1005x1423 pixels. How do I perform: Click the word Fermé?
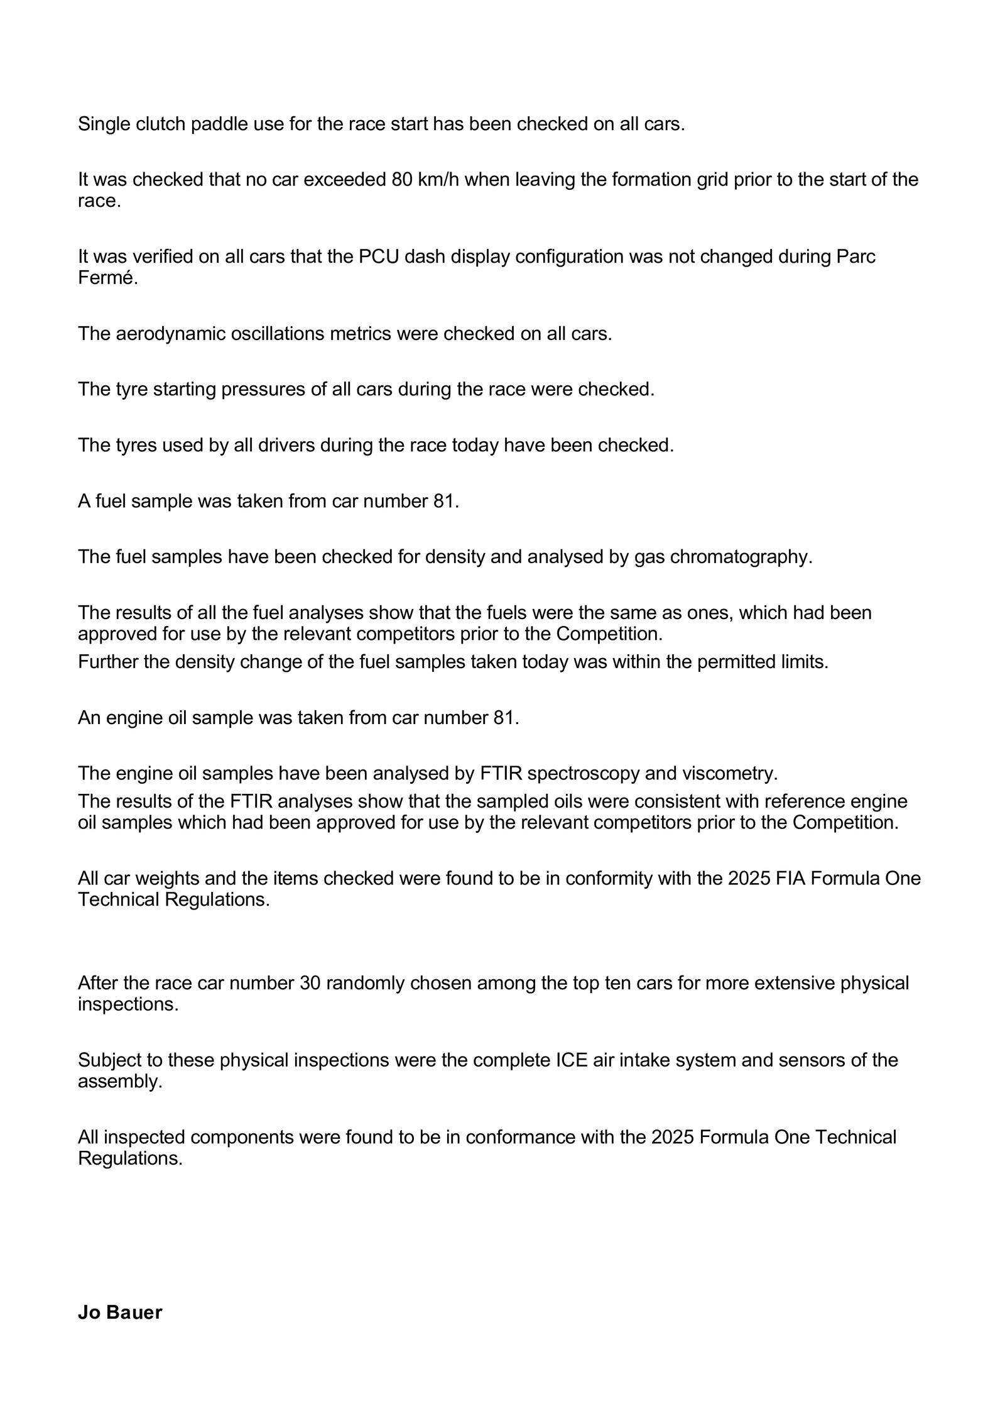pyautogui.click(x=107, y=278)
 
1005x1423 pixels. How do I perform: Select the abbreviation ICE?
pyautogui.click(x=572, y=1060)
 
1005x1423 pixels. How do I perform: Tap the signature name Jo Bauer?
pyautogui.click(x=120, y=1312)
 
